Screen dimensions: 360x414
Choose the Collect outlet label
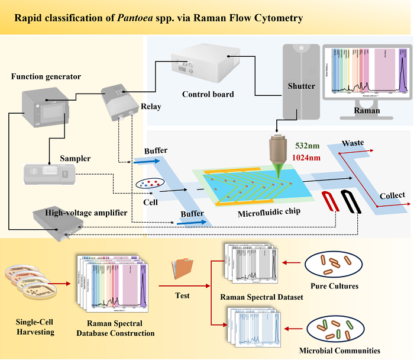392,195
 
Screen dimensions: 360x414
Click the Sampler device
47,175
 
